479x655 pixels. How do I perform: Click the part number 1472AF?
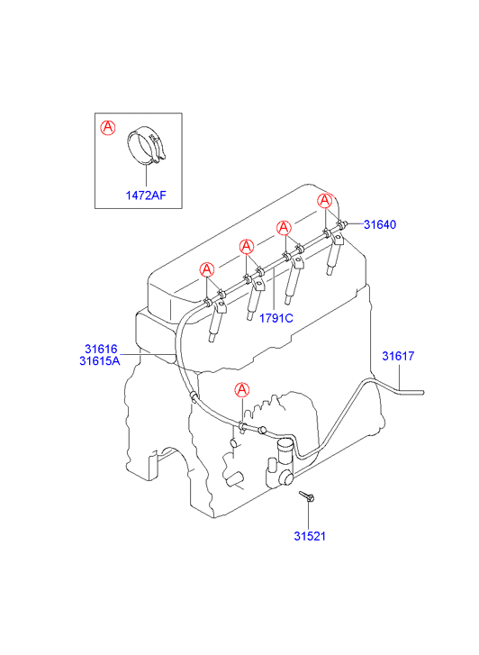point(146,196)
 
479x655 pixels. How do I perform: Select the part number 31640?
point(380,224)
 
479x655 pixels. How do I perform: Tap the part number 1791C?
point(276,318)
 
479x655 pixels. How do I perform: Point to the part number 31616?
point(101,349)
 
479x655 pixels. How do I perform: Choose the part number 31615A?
point(100,360)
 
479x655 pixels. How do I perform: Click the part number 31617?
point(398,356)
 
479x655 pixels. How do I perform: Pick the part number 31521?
point(310,536)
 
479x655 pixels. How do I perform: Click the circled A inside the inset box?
point(108,127)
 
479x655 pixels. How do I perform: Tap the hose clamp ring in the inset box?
point(147,144)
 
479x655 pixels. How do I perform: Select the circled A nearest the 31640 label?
point(324,201)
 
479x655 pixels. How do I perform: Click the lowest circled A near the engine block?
point(242,390)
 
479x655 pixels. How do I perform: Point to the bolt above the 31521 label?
point(307,496)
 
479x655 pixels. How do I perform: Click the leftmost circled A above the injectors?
point(207,269)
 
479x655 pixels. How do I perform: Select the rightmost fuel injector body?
point(335,258)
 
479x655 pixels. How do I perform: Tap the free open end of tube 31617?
point(422,392)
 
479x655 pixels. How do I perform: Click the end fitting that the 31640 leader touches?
point(343,224)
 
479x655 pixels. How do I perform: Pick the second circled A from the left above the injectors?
point(247,247)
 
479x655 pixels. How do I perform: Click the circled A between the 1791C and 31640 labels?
point(284,228)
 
